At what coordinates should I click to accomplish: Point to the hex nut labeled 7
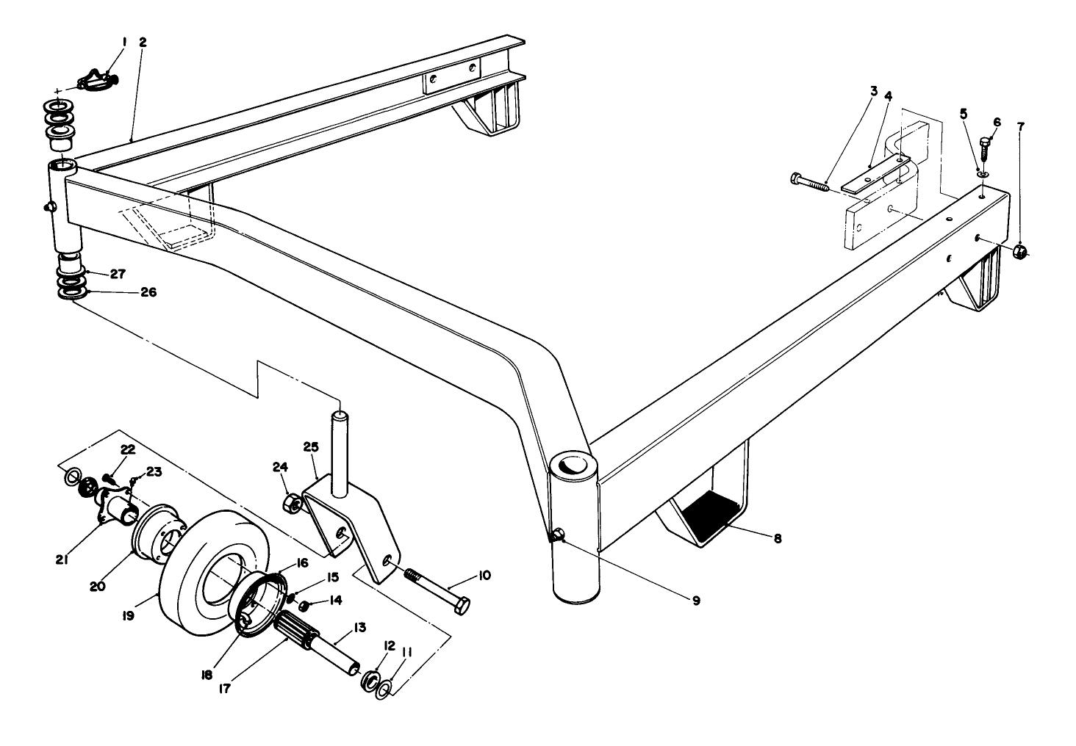1019,251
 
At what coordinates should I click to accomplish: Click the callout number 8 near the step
777,538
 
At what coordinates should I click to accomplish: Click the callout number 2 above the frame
143,43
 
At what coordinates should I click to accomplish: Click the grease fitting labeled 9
558,537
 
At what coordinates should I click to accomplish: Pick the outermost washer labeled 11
384,690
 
